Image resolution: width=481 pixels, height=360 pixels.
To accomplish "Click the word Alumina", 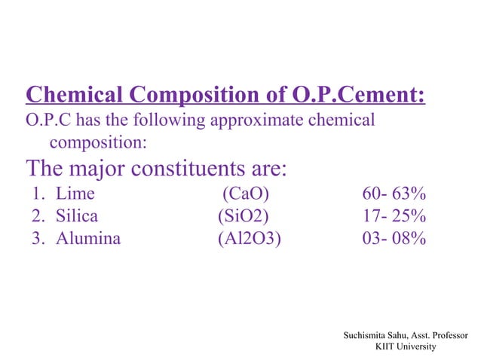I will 87,239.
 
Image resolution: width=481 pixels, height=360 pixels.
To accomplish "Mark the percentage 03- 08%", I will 394,239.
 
